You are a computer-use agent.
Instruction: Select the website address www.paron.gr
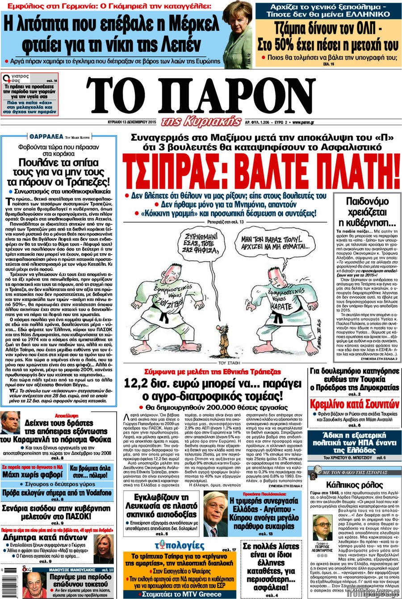click(303, 121)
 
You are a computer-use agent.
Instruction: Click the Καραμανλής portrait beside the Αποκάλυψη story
click(10, 423)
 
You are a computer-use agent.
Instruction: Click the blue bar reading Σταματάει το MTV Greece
click(181, 594)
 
